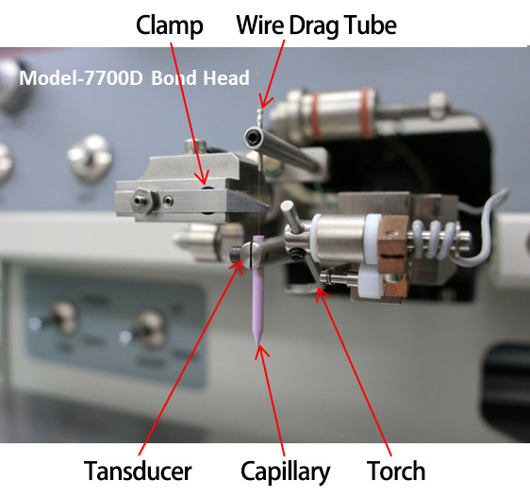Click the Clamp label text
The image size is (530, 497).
pos(170,26)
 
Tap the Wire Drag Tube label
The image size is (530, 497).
pos(316,25)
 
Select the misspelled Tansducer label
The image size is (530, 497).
pos(138,471)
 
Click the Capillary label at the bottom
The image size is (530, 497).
pos(286,472)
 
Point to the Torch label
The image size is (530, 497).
pos(396,471)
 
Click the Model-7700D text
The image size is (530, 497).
pos(81,77)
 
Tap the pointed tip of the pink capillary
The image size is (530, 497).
pos(258,344)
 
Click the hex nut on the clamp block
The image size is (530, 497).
pos(141,201)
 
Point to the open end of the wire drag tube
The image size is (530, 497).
pos(252,138)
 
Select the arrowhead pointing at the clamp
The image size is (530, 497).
pos(202,178)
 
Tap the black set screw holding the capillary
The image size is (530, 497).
pos(236,254)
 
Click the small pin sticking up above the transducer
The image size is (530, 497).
pos(290,215)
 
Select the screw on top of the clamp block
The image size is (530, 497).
pos(195,146)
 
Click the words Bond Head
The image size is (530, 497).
pos(201,77)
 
